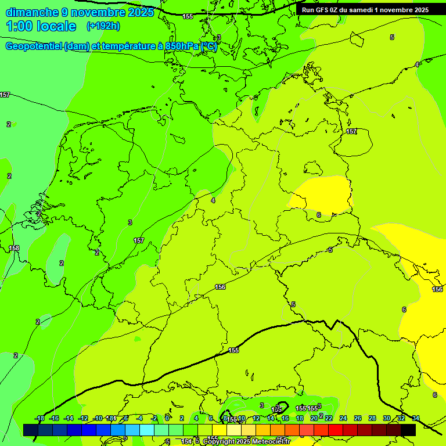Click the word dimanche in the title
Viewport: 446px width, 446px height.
click(x=32, y=12)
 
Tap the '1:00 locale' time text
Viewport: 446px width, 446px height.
click(x=41, y=26)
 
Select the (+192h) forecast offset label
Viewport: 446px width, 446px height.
click(x=103, y=26)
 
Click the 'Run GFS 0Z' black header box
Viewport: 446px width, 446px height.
click(x=365, y=9)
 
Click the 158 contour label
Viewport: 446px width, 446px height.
click(x=14, y=248)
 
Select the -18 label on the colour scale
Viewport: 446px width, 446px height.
click(x=39, y=418)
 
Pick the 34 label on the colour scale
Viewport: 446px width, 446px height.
click(x=416, y=418)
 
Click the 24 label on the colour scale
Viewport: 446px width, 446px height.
click(x=343, y=418)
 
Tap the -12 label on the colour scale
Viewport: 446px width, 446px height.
click(x=84, y=418)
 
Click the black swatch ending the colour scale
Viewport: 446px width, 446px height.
click(x=408, y=430)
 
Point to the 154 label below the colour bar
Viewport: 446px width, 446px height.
click(x=186, y=441)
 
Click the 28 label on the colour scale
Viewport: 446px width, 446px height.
click(x=372, y=418)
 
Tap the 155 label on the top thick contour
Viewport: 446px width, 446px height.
click(x=188, y=16)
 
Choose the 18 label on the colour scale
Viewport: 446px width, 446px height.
click(x=300, y=418)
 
